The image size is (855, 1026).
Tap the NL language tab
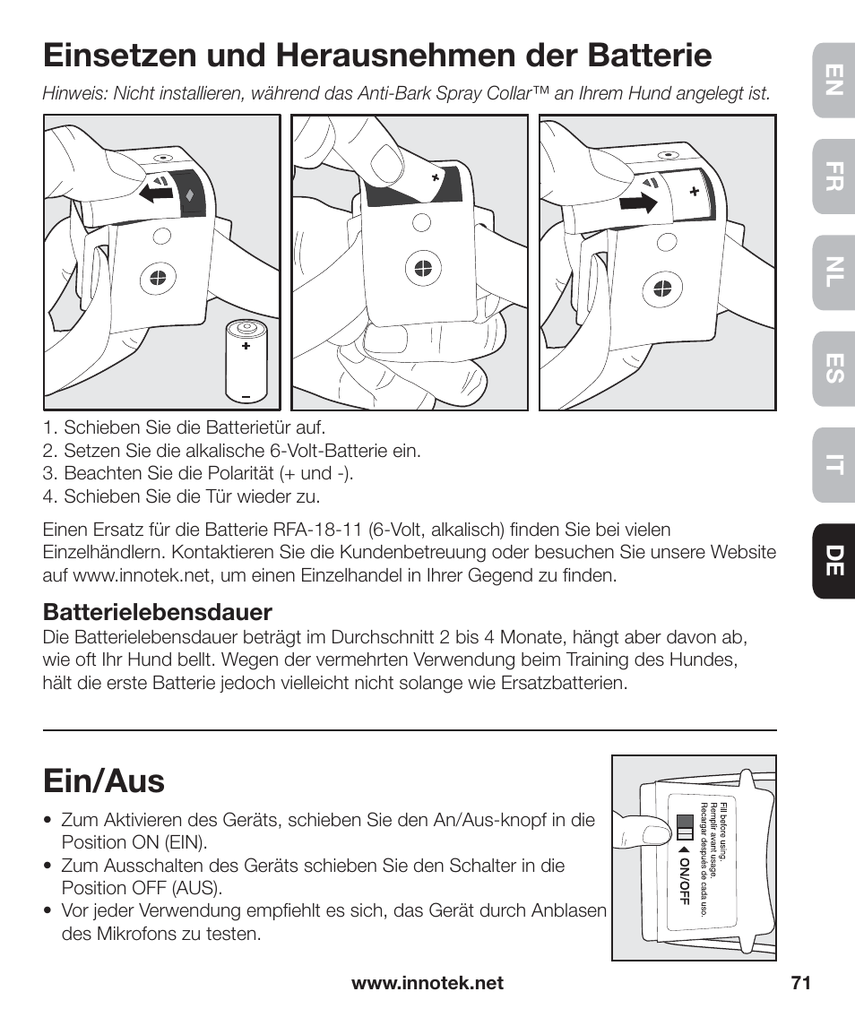(833, 279)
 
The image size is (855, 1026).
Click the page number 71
(800, 983)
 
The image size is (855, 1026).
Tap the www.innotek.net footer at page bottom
(427, 983)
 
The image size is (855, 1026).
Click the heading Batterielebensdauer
(158, 612)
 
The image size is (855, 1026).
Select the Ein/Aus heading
(104, 781)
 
